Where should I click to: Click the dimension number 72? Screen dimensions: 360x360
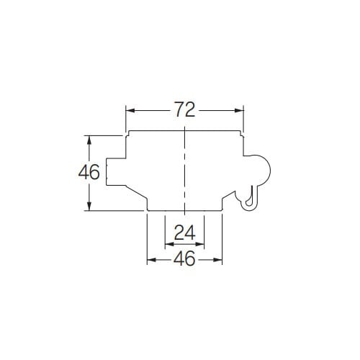tap(184, 109)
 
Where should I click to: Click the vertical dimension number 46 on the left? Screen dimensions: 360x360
tap(89, 172)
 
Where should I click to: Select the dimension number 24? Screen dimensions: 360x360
tap(184, 233)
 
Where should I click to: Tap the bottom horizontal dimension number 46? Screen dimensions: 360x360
tap(184, 258)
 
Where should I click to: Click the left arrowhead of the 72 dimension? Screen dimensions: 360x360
tap(130, 110)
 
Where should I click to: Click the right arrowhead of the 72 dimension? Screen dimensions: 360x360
tap(239, 110)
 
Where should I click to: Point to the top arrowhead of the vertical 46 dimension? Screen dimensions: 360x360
tap(89, 140)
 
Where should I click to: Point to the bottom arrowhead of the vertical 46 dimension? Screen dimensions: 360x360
tap(89, 206)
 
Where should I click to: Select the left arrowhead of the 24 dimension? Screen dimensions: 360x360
tap(169, 244)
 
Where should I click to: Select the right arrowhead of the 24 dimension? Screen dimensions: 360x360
tap(199, 244)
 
